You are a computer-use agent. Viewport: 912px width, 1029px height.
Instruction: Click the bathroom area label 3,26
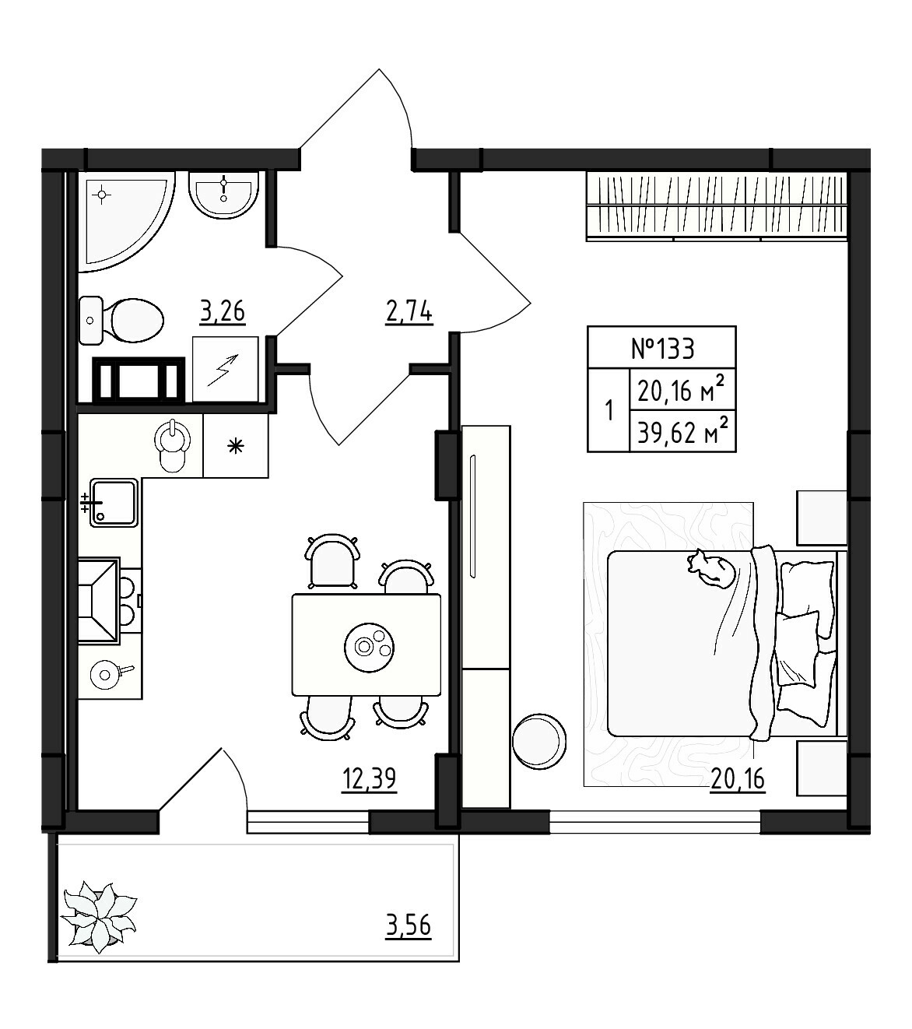pos(223,311)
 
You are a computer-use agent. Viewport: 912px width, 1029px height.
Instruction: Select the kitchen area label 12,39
pos(370,778)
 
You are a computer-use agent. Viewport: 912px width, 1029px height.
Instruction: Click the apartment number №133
pos(661,348)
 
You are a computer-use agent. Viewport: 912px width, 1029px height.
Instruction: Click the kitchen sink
pos(114,503)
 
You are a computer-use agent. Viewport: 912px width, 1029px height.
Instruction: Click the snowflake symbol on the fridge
pos(235,446)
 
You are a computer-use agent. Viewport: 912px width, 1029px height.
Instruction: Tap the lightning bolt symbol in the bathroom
pos(225,369)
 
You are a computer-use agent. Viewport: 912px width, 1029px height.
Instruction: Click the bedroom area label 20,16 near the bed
pos(738,778)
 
